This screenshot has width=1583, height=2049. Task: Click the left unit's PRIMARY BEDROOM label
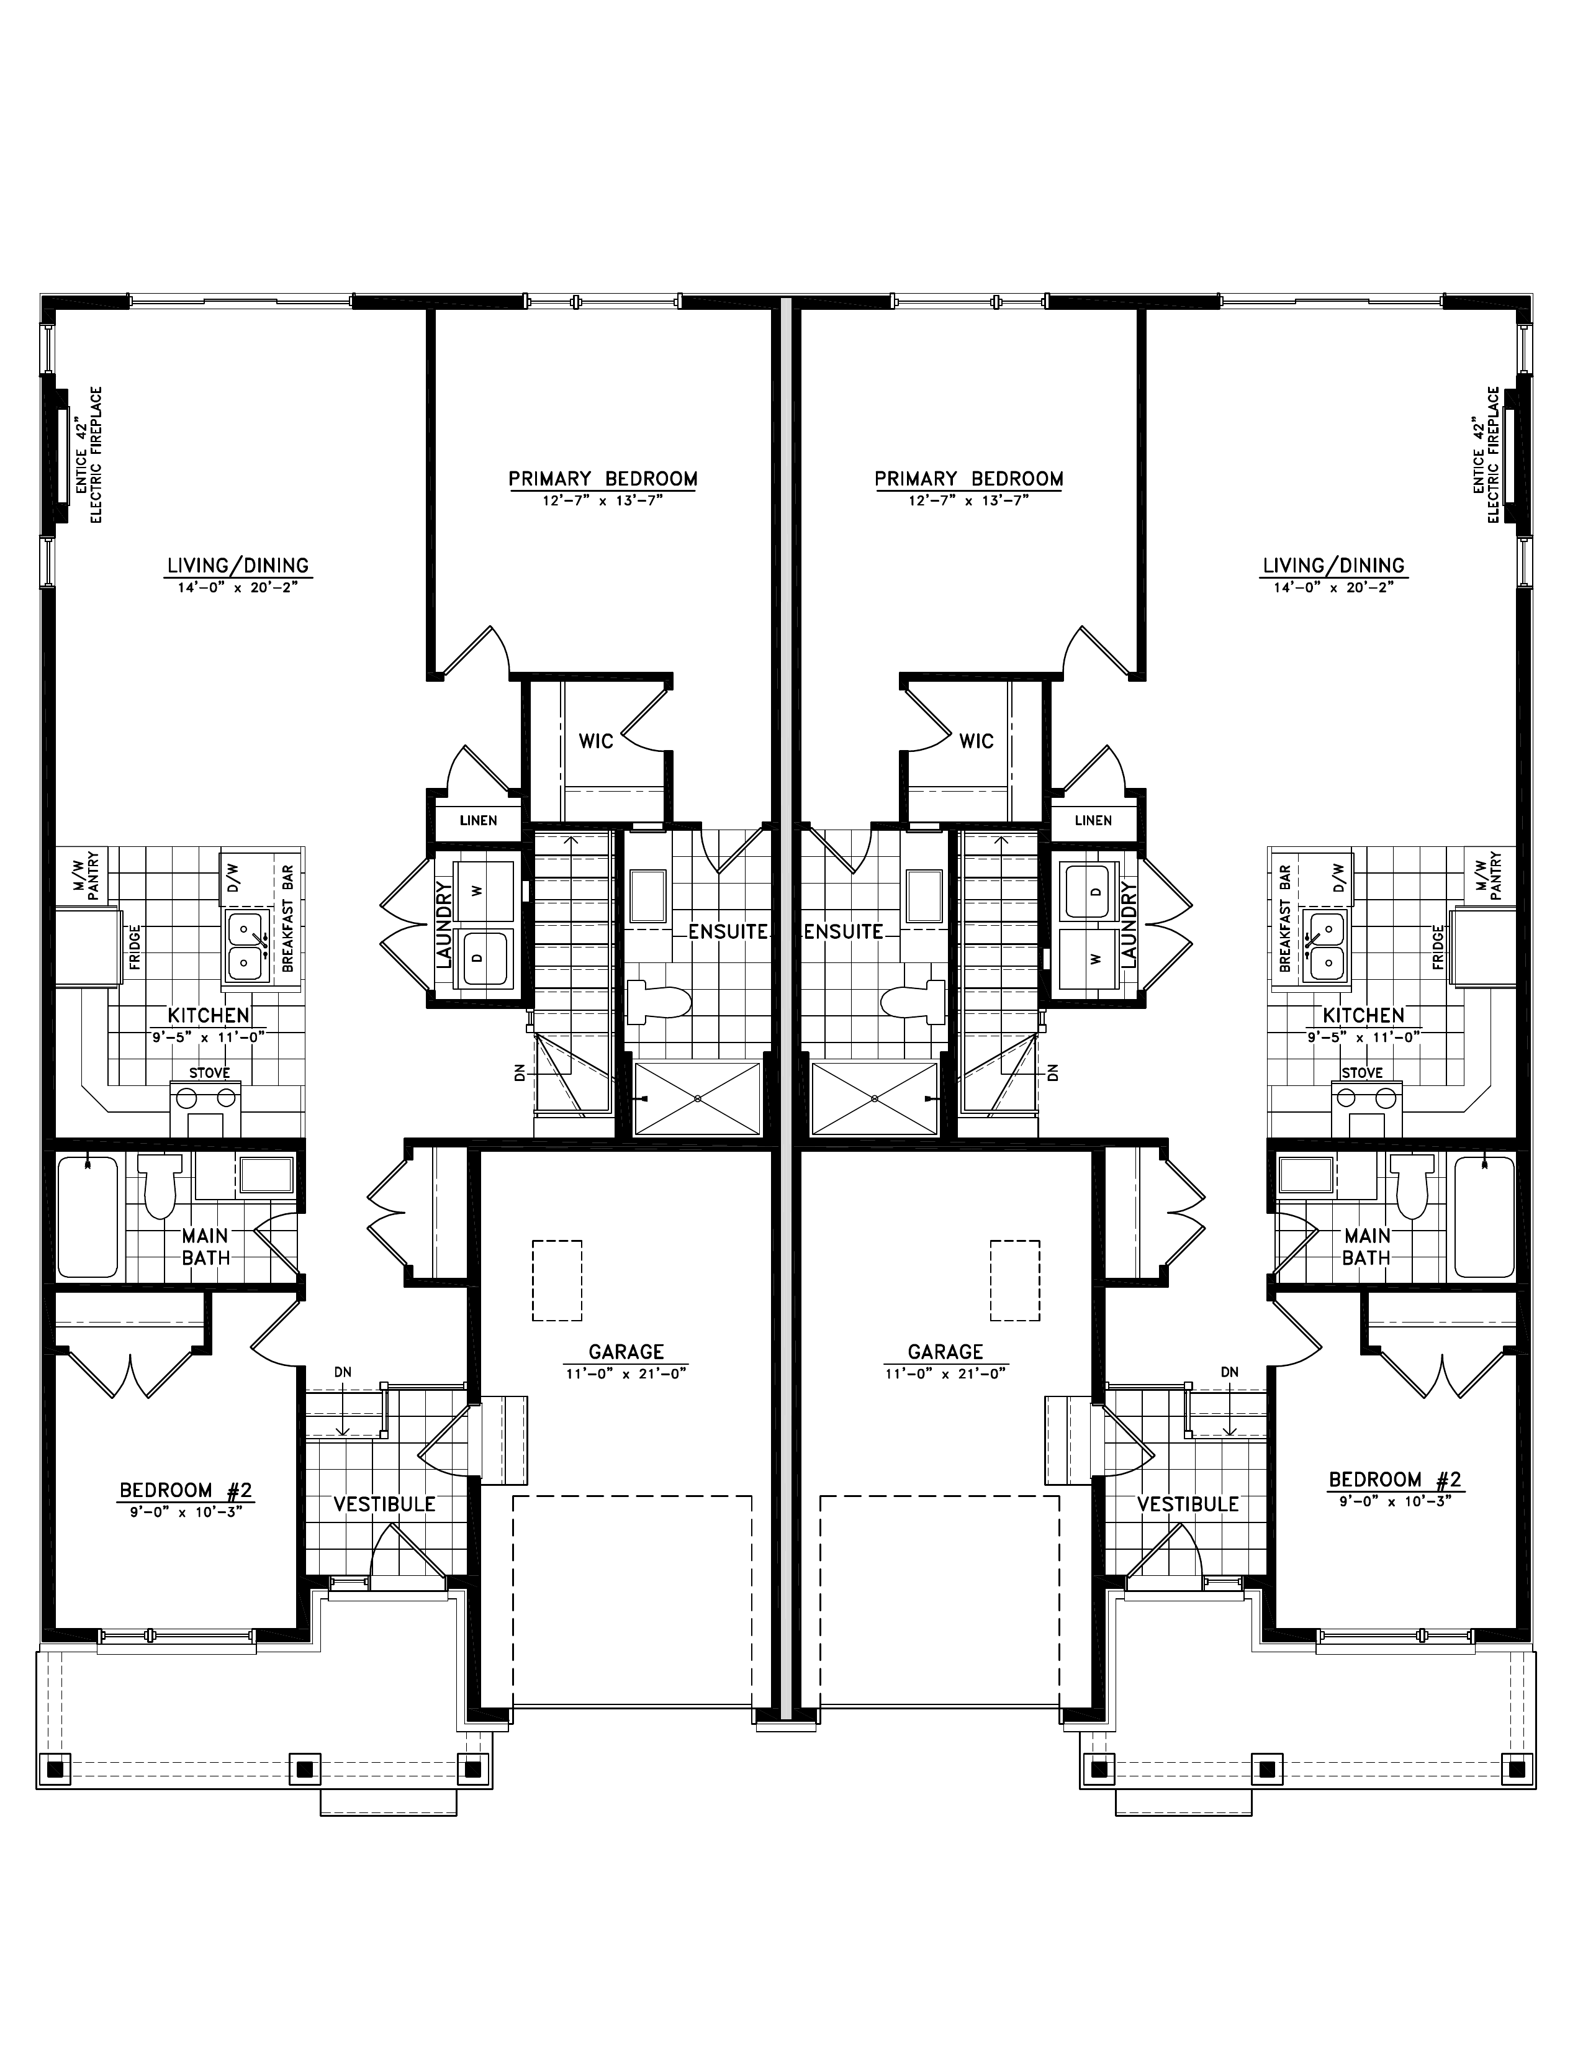[x=603, y=479]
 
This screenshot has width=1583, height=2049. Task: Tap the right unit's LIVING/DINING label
[x=1333, y=566]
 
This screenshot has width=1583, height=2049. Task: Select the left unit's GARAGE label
[x=626, y=1352]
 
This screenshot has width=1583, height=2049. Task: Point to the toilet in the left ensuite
[x=658, y=1000]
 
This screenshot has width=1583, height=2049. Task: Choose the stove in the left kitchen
[x=206, y=1108]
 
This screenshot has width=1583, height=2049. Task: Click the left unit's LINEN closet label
[x=478, y=821]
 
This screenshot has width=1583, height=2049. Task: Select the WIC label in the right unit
[x=976, y=741]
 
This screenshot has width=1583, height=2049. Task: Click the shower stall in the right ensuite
[x=874, y=1098]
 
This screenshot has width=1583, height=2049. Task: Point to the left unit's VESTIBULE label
[x=384, y=1504]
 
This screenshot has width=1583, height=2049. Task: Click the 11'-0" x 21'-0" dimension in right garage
[x=945, y=1373]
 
